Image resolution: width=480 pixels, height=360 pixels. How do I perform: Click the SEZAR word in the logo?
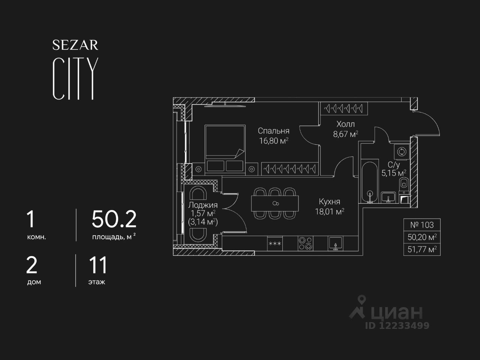(75, 45)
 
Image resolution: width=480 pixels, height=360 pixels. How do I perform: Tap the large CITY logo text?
(75, 78)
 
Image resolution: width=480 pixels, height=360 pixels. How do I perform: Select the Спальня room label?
(273, 131)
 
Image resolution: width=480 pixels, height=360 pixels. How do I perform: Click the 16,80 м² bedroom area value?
(273, 141)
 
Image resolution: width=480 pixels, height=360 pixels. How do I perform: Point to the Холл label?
(345, 124)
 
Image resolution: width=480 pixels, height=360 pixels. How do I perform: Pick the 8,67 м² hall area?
(345, 134)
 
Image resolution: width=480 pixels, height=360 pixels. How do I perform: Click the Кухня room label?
(330, 202)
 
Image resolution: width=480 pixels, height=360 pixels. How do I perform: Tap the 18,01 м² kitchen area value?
(330, 211)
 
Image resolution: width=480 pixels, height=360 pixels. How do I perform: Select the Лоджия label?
(202, 205)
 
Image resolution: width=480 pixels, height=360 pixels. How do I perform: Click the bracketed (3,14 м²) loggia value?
(202, 222)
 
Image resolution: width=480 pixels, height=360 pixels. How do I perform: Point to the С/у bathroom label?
(394, 164)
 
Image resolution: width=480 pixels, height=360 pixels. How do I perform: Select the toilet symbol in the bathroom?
(404, 183)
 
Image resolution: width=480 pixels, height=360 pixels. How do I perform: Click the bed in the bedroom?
(224, 148)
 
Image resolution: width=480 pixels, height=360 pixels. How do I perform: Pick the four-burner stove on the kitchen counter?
(305, 243)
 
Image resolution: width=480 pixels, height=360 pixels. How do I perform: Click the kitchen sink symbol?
(336, 243)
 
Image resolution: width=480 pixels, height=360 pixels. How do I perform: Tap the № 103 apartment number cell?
(422, 225)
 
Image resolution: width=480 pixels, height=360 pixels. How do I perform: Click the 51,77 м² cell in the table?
(422, 249)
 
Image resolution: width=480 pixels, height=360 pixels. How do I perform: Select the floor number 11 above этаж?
(98, 265)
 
